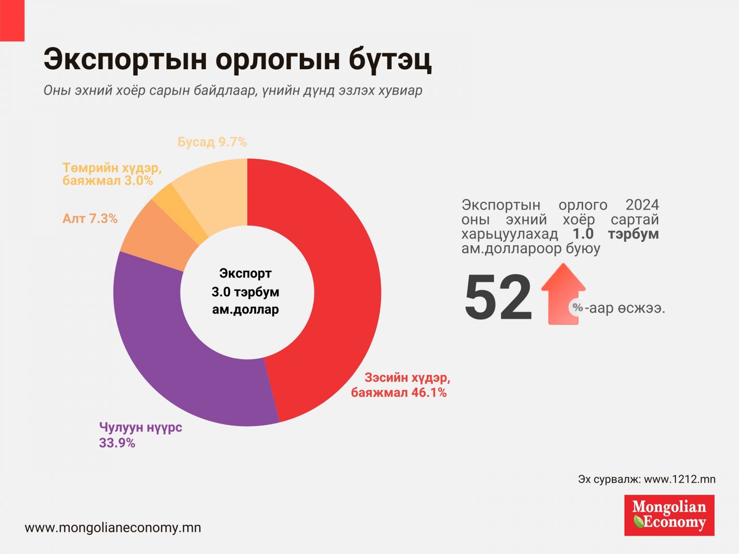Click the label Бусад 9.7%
click(212, 142)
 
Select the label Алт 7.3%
click(90, 219)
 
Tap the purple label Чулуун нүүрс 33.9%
click(140, 435)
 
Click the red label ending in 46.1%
click(400, 385)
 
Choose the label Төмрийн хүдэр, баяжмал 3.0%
click(112, 174)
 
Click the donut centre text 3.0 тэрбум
click(245, 292)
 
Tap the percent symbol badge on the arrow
click(577, 307)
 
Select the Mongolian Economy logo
click(669, 515)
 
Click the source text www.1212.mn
click(679, 479)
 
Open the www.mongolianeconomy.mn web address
click(113, 528)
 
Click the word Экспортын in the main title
click(126, 60)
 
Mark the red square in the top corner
click(12, 20)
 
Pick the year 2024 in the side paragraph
click(642, 205)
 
